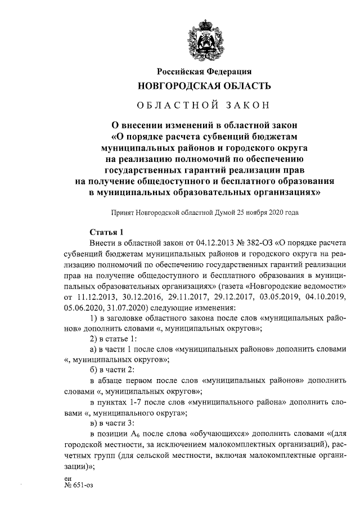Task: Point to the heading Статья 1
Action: pyautogui.click(x=106, y=232)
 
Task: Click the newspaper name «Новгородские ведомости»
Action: pyautogui.click(x=298, y=285)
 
